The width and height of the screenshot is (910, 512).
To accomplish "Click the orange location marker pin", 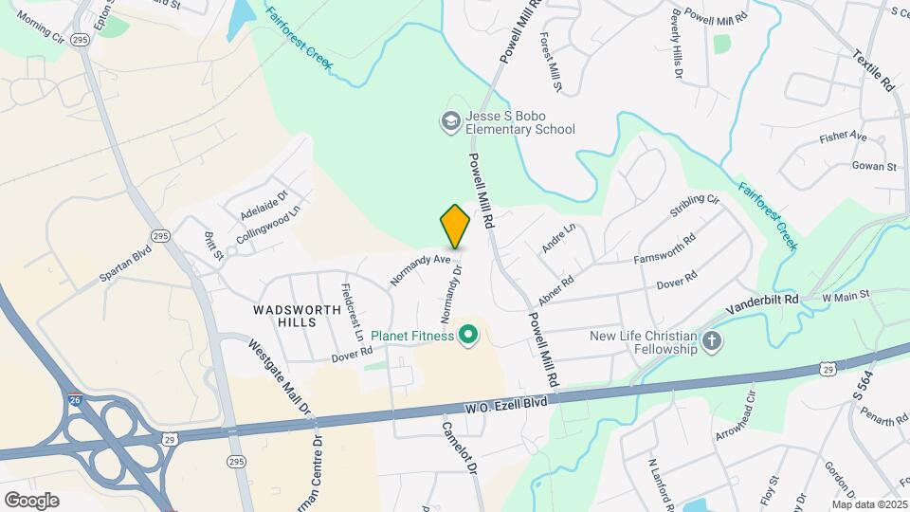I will [455, 227].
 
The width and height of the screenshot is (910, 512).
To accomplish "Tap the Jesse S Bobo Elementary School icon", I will [450, 120].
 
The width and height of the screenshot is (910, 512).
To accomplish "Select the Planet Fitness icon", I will [467, 334].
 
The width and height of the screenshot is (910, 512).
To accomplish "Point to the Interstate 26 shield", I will [75, 398].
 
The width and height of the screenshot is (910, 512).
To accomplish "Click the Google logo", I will [31, 500].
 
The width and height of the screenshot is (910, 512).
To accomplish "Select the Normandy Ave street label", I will [420, 267].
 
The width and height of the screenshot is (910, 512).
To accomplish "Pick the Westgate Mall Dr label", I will [281, 379].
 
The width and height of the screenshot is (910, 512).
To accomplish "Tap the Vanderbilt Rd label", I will [763, 304].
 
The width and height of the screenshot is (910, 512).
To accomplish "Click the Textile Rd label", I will [873, 70].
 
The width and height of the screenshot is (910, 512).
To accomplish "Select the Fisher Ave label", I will [844, 137].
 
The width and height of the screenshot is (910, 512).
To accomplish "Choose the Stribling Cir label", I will [695, 208].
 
